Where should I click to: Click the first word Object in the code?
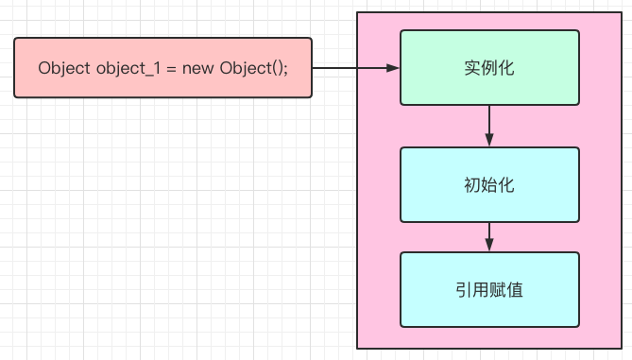tap(64, 69)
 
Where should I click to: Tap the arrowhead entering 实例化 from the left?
tap(394, 68)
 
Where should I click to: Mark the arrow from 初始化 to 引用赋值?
tap(489, 236)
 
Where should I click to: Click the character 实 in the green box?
tap(472, 68)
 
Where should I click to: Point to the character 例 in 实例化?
tap(489, 68)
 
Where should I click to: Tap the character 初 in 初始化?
tap(472, 184)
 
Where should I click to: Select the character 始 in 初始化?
tap(489, 184)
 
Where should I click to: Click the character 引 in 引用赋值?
tap(464, 289)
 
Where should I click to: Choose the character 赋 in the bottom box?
tap(498, 289)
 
